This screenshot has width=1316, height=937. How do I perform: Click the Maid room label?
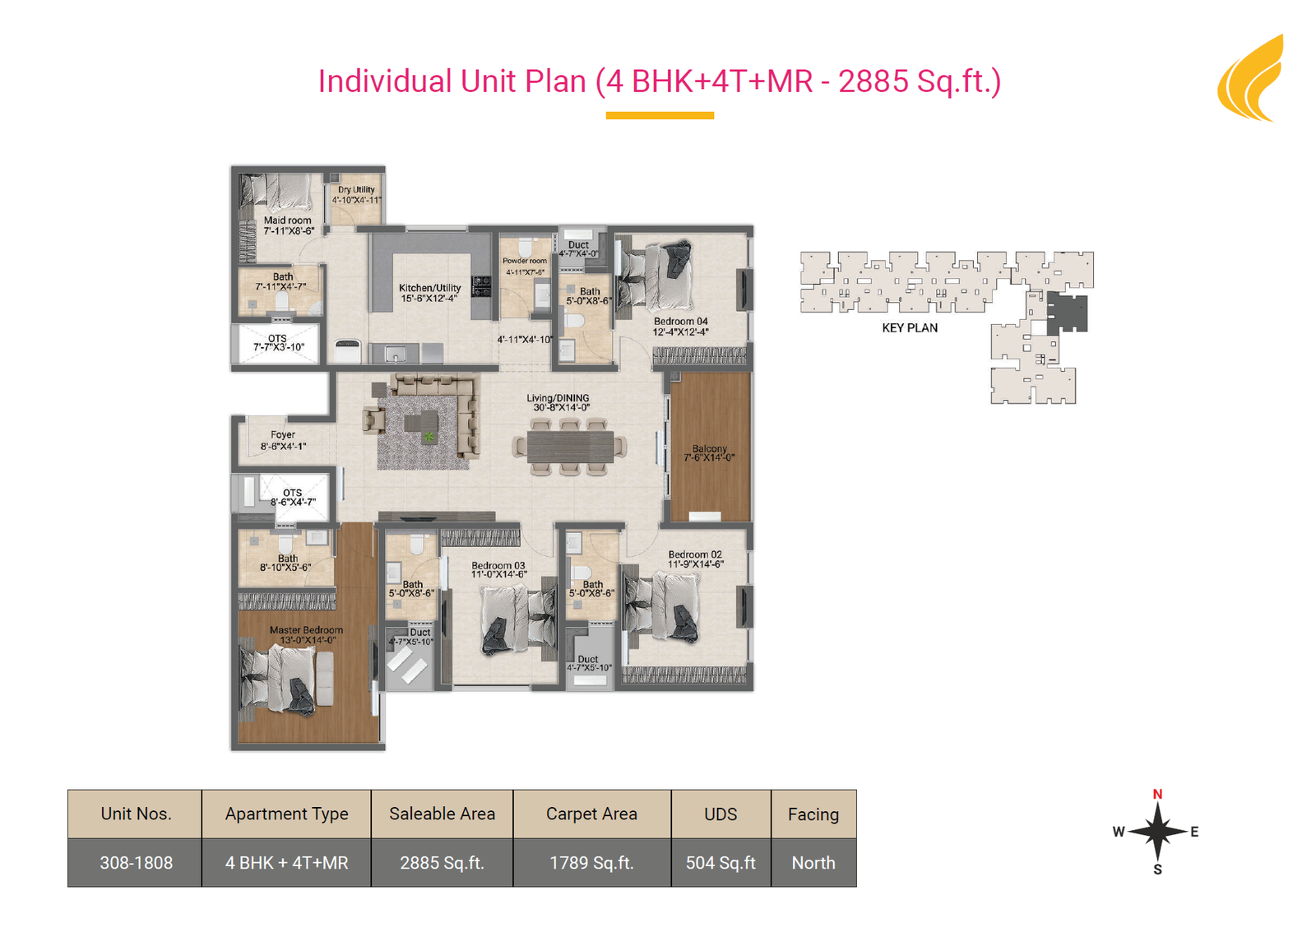click(x=288, y=220)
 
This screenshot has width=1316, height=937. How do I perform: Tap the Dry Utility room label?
click(x=356, y=189)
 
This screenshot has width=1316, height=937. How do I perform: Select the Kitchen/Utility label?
click(x=430, y=288)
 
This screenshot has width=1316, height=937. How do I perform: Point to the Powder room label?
click(x=525, y=261)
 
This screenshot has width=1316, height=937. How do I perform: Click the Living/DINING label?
click(x=558, y=397)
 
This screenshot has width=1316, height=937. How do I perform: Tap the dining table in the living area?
click(x=570, y=447)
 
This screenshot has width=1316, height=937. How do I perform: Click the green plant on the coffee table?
click(x=429, y=437)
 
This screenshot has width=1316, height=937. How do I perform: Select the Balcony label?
click(x=709, y=448)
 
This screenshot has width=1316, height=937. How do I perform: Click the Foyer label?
click(x=283, y=434)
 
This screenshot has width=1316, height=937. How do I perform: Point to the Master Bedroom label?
click(x=306, y=630)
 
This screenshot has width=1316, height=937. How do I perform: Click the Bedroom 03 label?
click(x=498, y=565)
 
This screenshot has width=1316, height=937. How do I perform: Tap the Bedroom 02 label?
click(x=695, y=554)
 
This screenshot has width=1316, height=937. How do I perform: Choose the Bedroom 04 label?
click(x=681, y=322)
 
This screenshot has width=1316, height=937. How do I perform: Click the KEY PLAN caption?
click(x=910, y=327)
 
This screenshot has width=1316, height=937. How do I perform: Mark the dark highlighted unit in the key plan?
click(x=1067, y=312)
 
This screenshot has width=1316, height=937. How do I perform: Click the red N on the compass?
click(x=1157, y=794)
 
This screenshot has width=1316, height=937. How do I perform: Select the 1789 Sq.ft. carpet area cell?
click(x=591, y=862)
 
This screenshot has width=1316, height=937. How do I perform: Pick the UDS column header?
click(x=721, y=814)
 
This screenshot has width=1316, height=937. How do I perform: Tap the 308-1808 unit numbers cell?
click(x=136, y=862)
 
